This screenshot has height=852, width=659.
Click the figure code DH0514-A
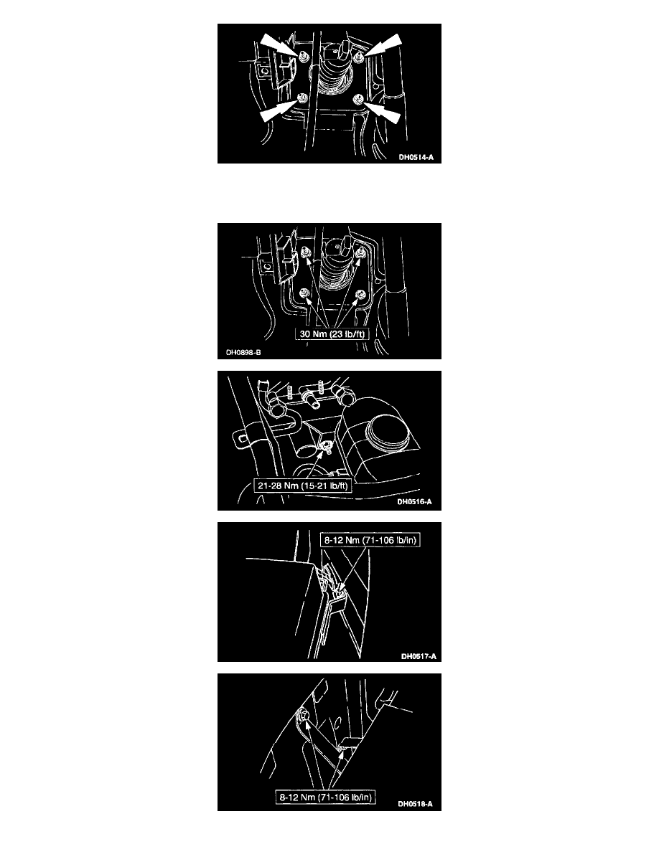pyautogui.click(x=416, y=158)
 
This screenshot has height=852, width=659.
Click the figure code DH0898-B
pyautogui.click(x=243, y=353)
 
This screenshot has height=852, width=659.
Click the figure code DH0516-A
pyautogui.click(x=414, y=502)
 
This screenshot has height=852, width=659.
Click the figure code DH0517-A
pyautogui.click(x=419, y=656)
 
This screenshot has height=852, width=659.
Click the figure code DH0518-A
pyautogui.click(x=416, y=804)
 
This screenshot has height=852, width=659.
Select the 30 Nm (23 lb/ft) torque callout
pyautogui.click(x=332, y=334)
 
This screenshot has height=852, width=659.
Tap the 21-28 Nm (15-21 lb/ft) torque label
pyautogui.click(x=302, y=486)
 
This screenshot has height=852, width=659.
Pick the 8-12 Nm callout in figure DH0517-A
pyautogui.click(x=370, y=540)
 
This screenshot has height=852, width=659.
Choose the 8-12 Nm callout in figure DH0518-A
pyautogui.click(x=326, y=797)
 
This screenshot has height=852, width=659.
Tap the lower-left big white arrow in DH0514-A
pyautogui.click(x=279, y=110)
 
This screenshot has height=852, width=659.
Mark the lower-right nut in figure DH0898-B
pyautogui.click(x=358, y=295)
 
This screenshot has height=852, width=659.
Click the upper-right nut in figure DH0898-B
pyautogui.click(x=360, y=252)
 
